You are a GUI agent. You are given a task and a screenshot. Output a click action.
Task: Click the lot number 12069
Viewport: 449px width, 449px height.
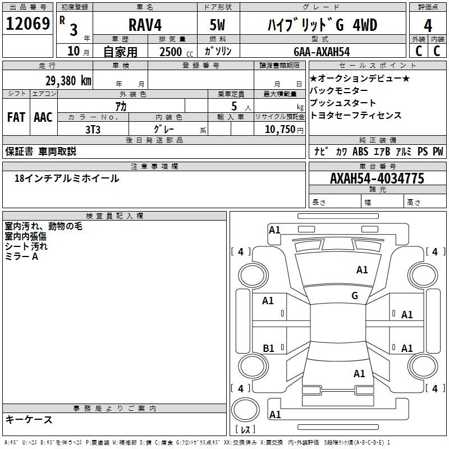pos(28,24)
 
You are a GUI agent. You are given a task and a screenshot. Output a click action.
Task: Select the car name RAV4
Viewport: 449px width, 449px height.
pos(145,25)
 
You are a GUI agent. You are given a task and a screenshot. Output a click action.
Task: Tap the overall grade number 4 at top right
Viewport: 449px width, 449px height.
pos(428,26)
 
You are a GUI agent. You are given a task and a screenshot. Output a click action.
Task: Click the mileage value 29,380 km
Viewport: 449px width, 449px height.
pos(68,81)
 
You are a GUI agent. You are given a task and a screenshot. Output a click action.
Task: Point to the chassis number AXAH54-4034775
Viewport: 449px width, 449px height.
pos(377,178)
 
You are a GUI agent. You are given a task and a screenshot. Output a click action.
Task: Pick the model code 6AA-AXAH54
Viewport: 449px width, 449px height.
pos(322,52)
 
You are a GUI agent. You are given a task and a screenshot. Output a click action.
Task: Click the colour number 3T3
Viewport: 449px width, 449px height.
pos(93,130)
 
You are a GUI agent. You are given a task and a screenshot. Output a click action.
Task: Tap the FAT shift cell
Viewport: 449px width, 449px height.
pos(16,117)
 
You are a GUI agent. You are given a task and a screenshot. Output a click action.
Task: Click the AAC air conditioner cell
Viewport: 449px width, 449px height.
pos(43,117)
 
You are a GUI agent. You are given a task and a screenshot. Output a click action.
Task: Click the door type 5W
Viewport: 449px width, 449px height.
pos(217,25)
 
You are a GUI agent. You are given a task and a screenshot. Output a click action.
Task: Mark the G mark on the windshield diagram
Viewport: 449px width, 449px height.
pos(355,295)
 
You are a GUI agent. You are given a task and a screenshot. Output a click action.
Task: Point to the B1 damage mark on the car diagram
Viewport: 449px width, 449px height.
pos(268,348)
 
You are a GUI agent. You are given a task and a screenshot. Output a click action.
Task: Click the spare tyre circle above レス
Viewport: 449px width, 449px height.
pos(245,410)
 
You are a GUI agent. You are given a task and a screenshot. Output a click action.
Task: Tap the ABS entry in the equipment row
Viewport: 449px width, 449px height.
pos(360,152)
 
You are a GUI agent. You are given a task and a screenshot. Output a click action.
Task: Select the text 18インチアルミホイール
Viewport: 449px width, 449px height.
pos(67,178)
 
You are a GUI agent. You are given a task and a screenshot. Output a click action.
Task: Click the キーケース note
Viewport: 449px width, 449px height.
pos(29,419)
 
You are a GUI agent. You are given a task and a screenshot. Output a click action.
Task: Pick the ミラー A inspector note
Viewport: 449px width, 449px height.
pos(21,256)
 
